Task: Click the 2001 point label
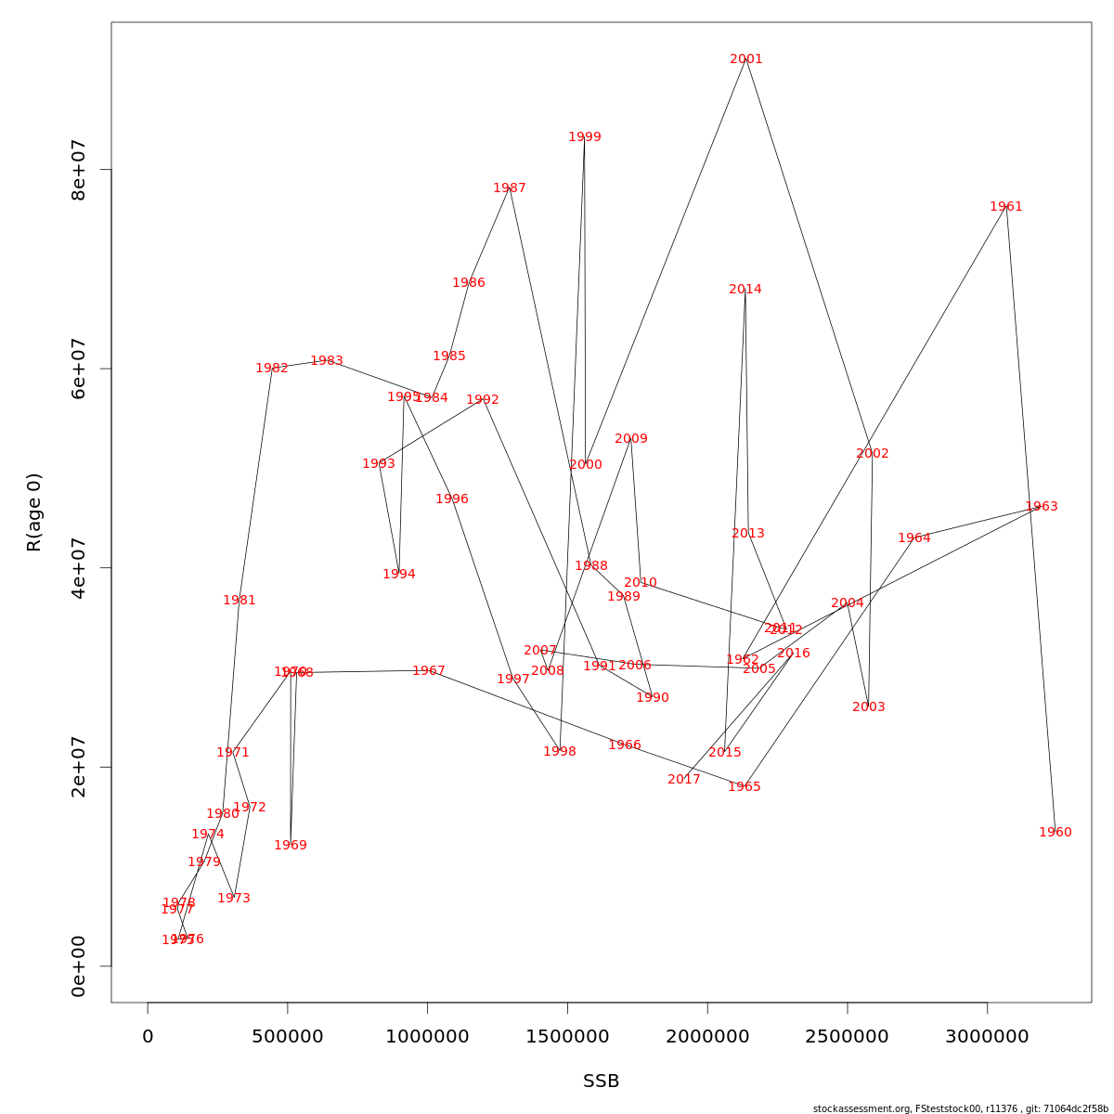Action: (746, 59)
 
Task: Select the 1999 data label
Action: (585, 137)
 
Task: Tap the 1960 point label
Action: (1056, 833)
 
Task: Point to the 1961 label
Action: (1006, 207)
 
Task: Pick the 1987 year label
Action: (510, 188)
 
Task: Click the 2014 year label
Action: (745, 290)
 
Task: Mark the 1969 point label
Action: (291, 846)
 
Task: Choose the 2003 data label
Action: (869, 707)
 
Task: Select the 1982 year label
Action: (272, 369)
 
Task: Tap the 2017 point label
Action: (684, 780)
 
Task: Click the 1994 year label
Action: (399, 575)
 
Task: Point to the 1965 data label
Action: (745, 787)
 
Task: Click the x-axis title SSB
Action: (602, 1082)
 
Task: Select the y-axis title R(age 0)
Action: (34, 512)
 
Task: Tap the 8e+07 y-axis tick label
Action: (79, 170)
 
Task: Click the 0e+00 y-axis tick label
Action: (79, 966)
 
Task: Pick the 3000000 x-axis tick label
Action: (987, 1036)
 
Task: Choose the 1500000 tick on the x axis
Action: (567, 1036)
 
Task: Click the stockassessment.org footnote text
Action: (961, 1108)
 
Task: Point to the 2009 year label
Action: (631, 439)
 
